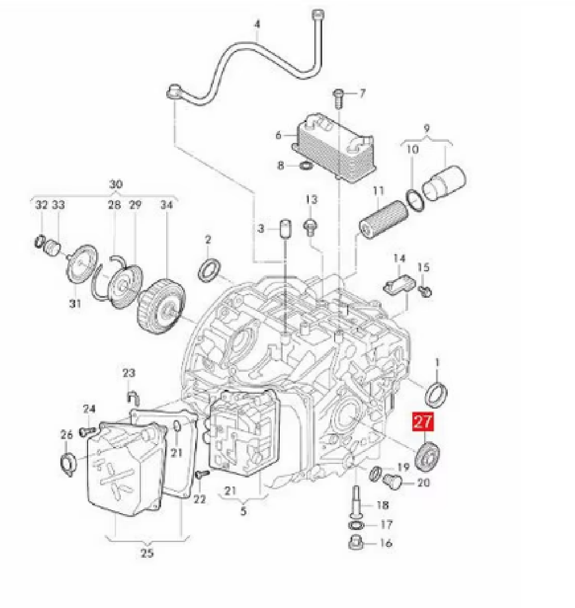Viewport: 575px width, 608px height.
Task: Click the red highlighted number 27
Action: pos(423,422)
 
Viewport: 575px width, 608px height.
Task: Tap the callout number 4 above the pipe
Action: pos(258,24)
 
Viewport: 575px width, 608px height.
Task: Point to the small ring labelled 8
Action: pos(306,166)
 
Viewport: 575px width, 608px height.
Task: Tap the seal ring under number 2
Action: pos(210,270)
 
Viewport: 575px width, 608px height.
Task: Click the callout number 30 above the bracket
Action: pos(115,184)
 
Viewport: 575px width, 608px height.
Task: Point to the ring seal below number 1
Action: pos(437,393)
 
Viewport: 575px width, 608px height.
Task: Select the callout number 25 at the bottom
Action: pos(146,553)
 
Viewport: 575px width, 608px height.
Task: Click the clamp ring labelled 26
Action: pos(66,462)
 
